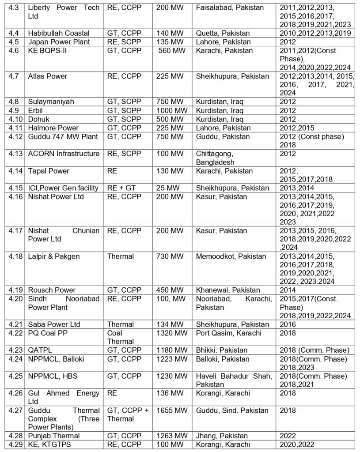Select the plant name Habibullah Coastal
(x=58, y=33)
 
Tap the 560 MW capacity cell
(x=171, y=50)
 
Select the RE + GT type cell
(x=121, y=188)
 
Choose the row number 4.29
(x=15, y=444)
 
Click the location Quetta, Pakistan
(x=223, y=33)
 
